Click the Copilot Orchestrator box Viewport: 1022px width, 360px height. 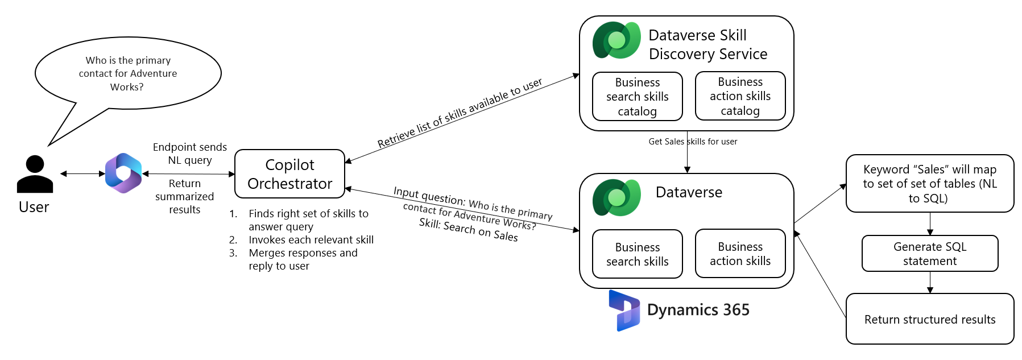point(289,174)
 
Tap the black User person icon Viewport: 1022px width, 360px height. point(35,175)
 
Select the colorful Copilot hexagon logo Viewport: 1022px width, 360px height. point(123,173)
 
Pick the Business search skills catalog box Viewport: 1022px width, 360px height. point(637,97)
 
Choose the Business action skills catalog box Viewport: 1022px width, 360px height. point(740,96)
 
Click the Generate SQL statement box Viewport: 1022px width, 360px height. point(929,254)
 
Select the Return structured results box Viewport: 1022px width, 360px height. point(929,319)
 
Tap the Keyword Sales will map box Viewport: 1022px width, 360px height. point(929,184)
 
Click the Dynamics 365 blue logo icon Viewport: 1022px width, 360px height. point(624,311)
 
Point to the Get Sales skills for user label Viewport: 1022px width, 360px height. point(693,142)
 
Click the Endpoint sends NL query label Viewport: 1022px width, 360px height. point(189,154)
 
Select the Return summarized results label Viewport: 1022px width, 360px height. point(184,197)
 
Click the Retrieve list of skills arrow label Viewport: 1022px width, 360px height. point(460,114)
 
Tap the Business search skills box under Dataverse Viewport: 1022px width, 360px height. point(637,254)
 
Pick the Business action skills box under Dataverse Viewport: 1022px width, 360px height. point(740,254)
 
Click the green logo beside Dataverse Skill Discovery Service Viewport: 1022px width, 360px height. point(616,40)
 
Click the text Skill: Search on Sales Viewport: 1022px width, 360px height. point(468,230)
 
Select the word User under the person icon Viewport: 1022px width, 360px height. point(34,207)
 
